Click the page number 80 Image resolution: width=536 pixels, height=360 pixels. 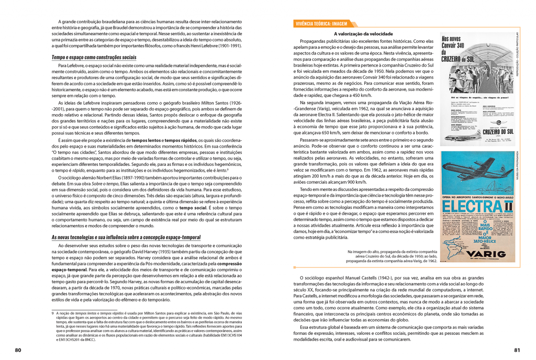(18, 350)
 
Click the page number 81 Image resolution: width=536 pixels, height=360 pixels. (517, 350)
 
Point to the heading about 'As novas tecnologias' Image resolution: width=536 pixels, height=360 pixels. (126, 237)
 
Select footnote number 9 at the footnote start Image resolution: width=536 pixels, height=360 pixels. (53, 313)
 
